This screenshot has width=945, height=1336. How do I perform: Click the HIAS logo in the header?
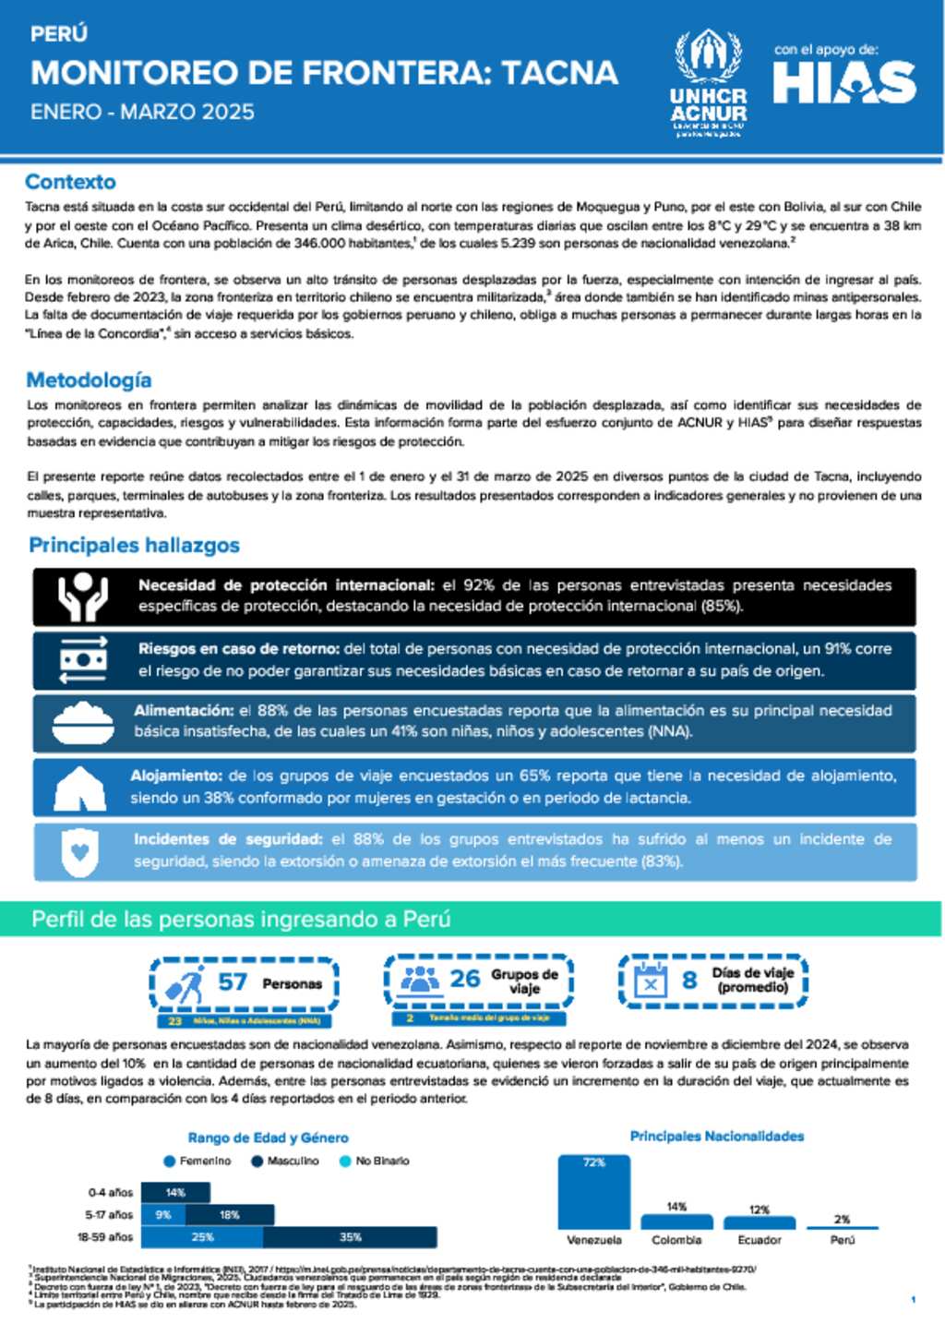pos(844,83)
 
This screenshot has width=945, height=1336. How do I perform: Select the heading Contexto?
pos(70,182)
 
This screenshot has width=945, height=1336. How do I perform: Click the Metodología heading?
pos(89,379)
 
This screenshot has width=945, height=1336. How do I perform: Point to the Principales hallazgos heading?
pos(134,545)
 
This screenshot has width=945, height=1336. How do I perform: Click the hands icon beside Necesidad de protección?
pos(82,596)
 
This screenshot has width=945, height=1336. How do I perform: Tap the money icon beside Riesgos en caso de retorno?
pos(82,659)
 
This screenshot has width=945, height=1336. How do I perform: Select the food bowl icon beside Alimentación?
pos(82,722)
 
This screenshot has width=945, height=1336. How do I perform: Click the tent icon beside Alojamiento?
pos(80,788)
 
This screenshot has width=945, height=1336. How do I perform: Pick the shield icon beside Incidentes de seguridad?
pos(80,850)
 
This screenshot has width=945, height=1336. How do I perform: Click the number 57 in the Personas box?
pos(233,981)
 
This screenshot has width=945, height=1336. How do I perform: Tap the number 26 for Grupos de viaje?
pos(465,979)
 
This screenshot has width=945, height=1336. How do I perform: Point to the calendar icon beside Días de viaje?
pos(651,981)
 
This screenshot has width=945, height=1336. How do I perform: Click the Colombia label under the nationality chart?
pos(676,1240)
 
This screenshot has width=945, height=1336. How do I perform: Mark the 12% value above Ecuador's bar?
pos(760,1209)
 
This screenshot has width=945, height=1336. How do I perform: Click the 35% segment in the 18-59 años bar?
pos(350,1237)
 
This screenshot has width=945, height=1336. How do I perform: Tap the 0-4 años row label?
pos(111,1192)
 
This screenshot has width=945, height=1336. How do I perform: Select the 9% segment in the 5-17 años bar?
pos(163,1215)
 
